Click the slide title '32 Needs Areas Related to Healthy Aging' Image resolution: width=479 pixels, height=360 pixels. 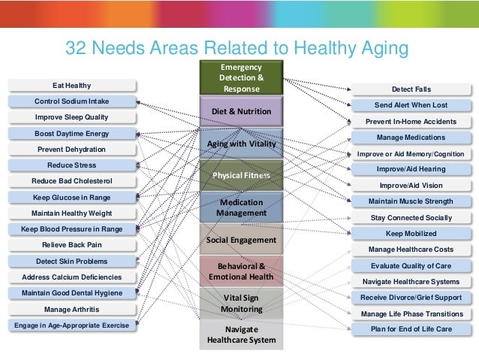click(x=236, y=48)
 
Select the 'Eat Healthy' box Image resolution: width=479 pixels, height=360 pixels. click(x=72, y=86)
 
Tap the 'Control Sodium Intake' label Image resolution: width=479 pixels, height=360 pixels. click(x=72, y=101)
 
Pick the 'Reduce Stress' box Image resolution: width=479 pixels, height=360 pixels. click(x=72, y=165)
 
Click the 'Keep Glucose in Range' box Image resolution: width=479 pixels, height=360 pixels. click(x=72, y=197)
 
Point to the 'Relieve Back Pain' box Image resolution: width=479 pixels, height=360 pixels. click(x=72, y=245)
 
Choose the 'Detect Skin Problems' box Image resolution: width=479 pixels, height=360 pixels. click(x=72, y=261)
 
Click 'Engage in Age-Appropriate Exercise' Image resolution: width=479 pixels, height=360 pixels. click(x=72, y=325)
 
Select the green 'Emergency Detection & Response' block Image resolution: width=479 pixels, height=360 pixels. click(x=241, y=78)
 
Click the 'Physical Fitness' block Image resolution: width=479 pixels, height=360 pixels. click(x=241, y=175)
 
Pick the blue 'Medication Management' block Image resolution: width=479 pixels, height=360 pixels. click(x=241, y=207)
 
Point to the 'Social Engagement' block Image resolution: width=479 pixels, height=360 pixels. click(x=241, y=239)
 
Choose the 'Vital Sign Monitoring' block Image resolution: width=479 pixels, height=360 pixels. click(x=241, y=303)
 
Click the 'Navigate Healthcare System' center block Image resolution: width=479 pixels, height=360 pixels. click(x=241, y=335)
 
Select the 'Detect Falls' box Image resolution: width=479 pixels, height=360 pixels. click(x=411, y=89)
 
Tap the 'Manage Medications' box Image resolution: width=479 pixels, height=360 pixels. click(x=411, y=138)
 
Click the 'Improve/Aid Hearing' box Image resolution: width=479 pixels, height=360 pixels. click(x=411, y=169)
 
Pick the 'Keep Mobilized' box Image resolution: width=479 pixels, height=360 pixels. click(x=411, y=233)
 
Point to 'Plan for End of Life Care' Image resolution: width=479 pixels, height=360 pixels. click(x=411, y=328)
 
